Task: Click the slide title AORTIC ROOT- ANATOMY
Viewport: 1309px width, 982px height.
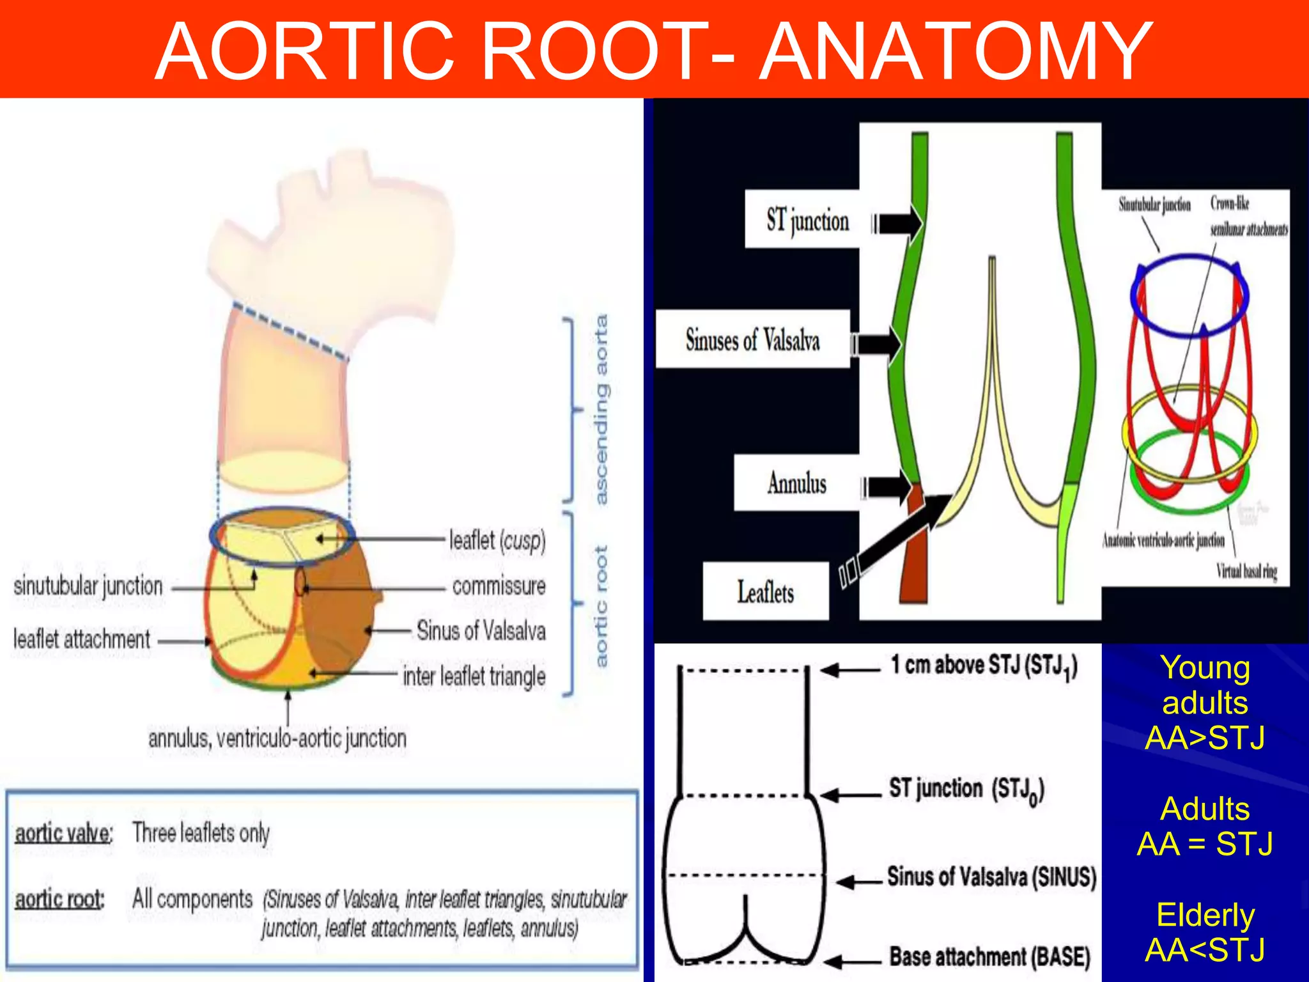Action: click(x=653, y=51)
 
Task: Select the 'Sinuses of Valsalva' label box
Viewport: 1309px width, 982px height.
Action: click(x=753, y=339)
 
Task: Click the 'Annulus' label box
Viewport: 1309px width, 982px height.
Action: click(x=796, y=483)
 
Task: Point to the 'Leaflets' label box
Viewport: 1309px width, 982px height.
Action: click(x=766, y=591)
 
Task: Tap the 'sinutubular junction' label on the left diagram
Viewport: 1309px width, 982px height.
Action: click(x=88, y=586)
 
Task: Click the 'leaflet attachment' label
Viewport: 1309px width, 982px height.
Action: click(x=82, y=639)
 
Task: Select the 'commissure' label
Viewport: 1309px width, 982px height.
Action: click(x=499, y=586)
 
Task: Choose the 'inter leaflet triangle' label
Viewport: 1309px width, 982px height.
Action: click(x=474, y=676)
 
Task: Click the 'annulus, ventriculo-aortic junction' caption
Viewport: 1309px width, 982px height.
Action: click(x=277, y=739)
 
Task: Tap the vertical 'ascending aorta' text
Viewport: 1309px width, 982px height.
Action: click(x=601, y=409)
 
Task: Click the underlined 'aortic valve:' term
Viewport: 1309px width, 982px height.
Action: click(x=63, y=834)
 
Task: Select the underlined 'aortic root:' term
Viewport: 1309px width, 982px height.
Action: click(x=59, y=900)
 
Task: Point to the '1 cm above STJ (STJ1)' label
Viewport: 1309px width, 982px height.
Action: click(x=984, y=666)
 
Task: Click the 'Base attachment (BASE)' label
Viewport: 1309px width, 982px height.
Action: click(x=989, y=957)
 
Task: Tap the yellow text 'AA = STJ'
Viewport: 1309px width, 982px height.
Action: click(x=1205, y=844)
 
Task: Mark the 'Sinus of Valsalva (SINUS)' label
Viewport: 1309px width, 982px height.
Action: click(x=991, y=877)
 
